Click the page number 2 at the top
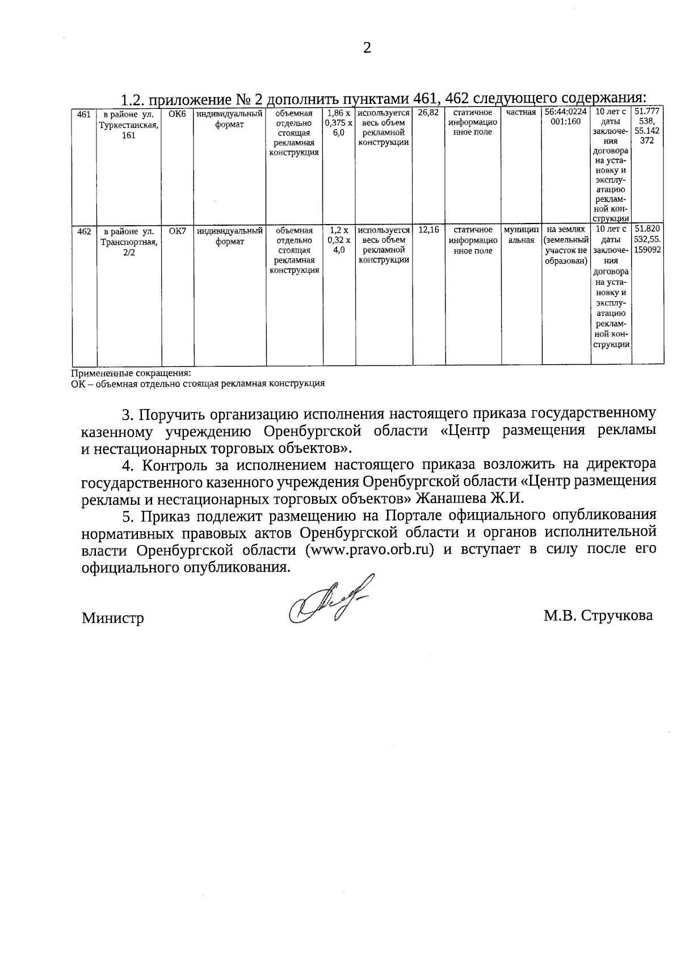click(x=367, y=48)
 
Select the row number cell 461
click(x=84, y=114)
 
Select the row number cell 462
click(x=84, y=231)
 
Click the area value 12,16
click(x=428, y=230)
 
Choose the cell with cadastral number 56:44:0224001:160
click(x=565, y=117)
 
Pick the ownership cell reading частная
click(x=521, y=113)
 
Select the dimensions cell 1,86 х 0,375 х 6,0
click(x=339, y=123)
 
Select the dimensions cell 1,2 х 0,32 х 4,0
click(x=339, y=240)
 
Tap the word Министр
click(x=112, y=618)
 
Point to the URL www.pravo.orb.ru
click(x=365, y=550)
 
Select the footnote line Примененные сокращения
click(x=131, y=374)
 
